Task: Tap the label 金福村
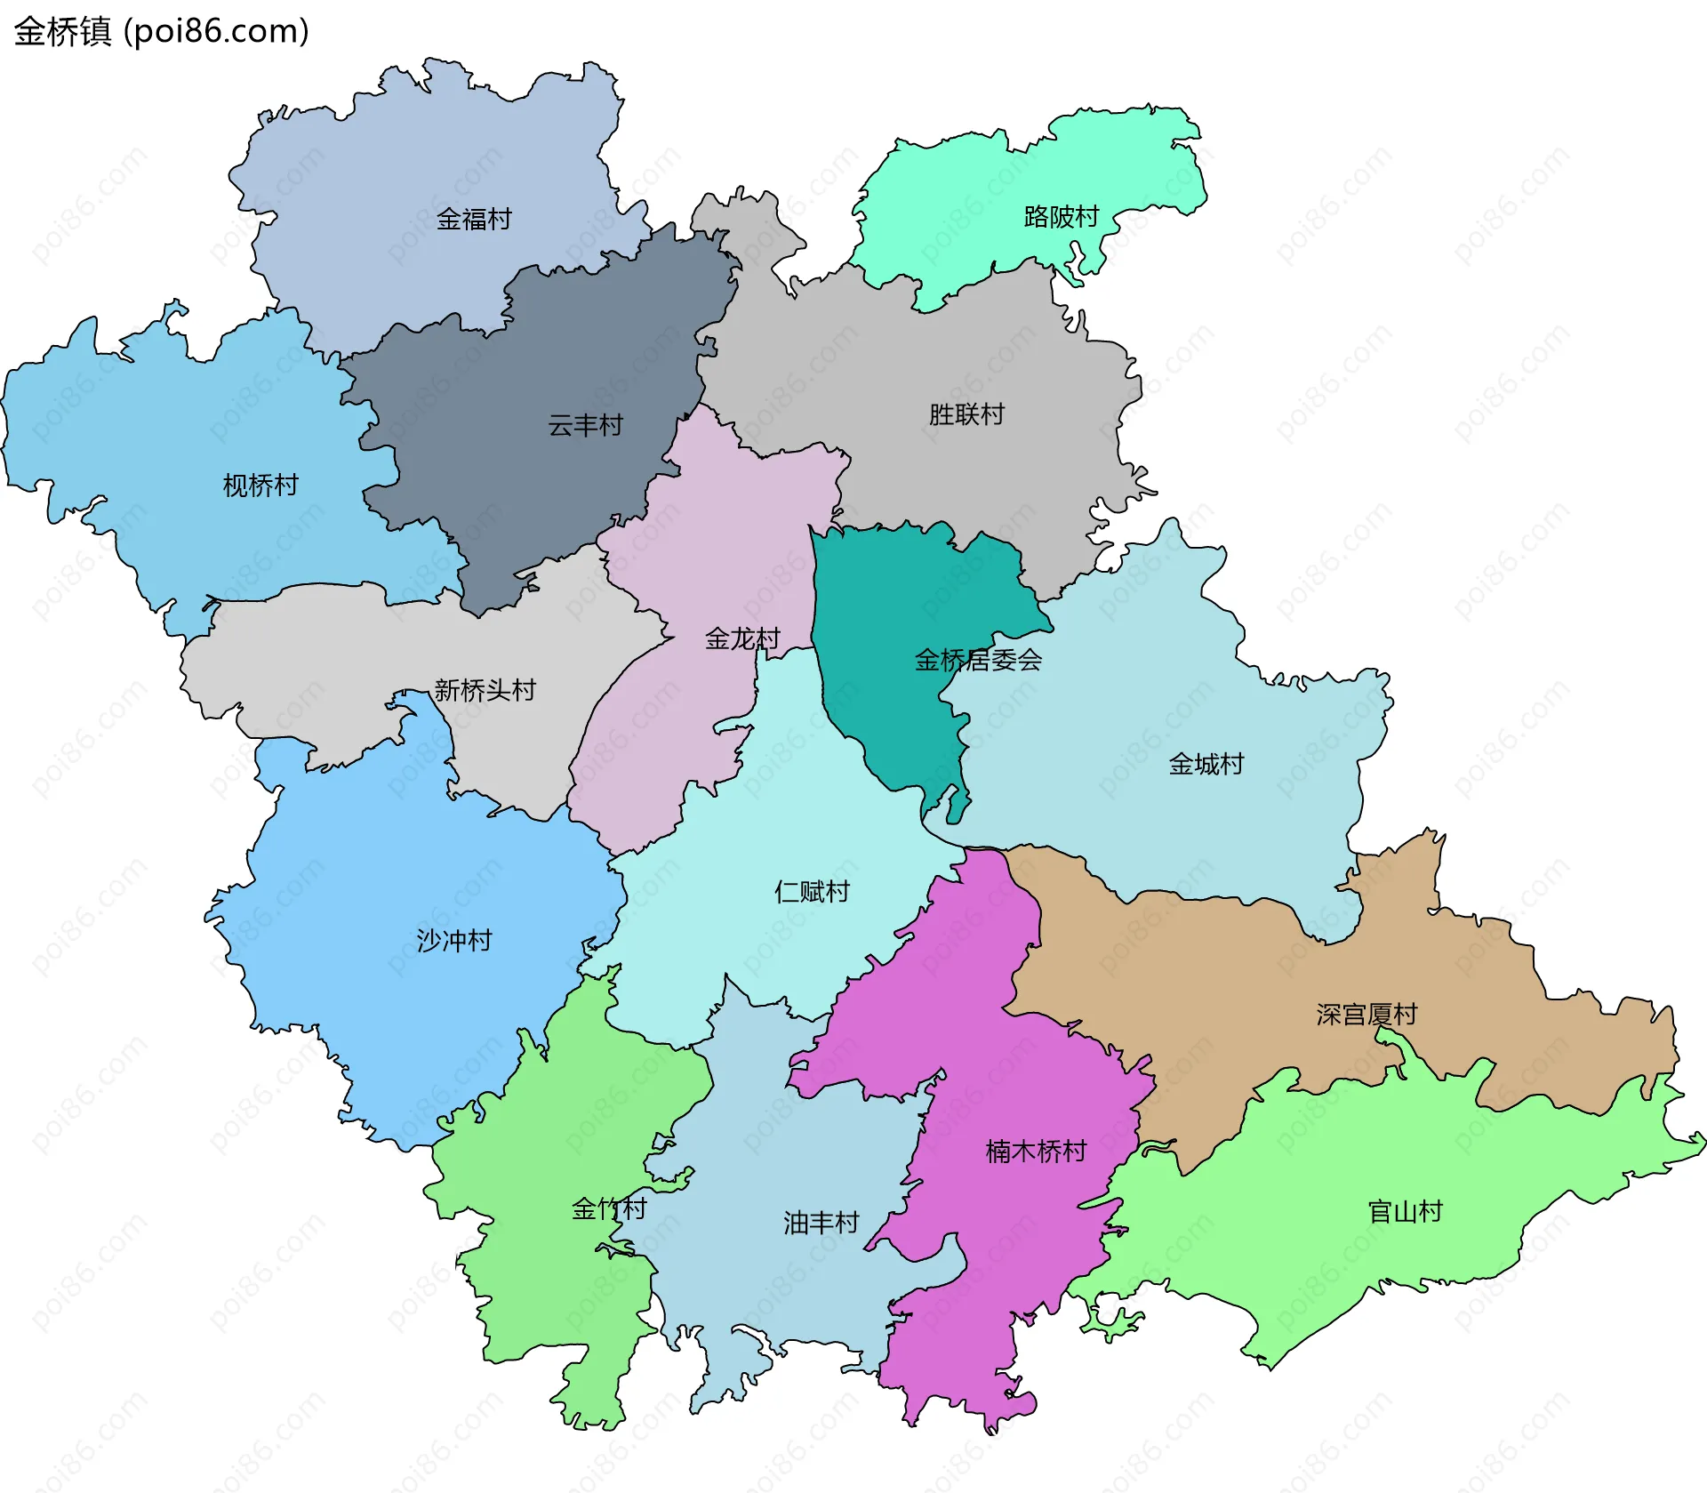[474, 219]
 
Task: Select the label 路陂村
[1062, 216]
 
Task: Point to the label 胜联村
[966, 414]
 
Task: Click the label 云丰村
[585, 425]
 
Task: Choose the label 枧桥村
[260, 486]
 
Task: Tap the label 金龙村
[742, 638]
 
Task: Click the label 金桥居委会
[978, 660]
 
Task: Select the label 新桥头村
[485, 690]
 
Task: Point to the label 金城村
[1206, 764]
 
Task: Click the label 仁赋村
[812, 891]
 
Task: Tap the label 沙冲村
[454, 940]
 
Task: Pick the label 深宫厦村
[1366, 1015]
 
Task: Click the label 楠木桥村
[1036, 1152]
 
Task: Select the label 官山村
[1405, 1211]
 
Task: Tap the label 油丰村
[821, 1223]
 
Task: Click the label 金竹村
[609, 1208]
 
